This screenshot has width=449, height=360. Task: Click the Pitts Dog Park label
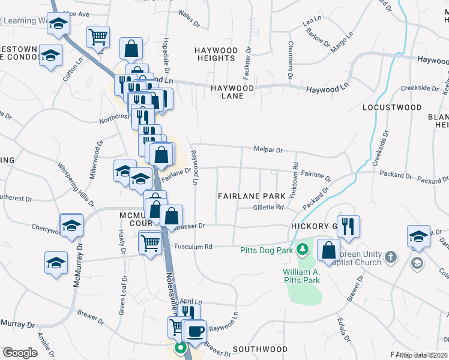click(x=266, y=250)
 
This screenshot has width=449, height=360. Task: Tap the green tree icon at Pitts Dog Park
click(x=303, y=249)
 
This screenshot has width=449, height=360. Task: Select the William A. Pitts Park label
click(x=300, y=275)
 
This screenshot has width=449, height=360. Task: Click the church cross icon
click(x=391, y=257)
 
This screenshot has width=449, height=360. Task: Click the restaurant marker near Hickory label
click(x=348, y=226)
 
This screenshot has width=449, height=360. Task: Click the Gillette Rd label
click(x=268, y=207)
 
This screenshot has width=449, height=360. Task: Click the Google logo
click(x=20, y=353)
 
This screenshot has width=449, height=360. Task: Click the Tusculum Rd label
click(x=193, y=247)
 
